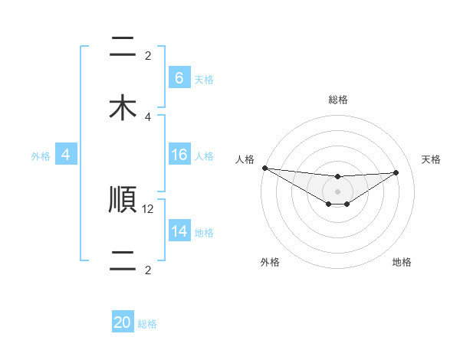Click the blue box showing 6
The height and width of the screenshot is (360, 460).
click(x=179, y=78)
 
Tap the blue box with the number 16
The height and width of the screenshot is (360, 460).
click(x=179, y=155)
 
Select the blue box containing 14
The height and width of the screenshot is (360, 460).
click(x=179, y=231)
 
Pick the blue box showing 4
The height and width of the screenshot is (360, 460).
click(x=66, y=155)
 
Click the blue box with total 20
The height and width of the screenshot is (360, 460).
click(x=123, y=322)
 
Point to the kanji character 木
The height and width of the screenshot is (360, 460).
click(x=122, y=107)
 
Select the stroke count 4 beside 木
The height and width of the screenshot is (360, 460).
click(x=148, y=116)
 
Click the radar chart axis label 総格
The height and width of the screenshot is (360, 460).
click(x=338, y=100)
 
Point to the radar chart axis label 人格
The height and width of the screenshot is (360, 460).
click(x=245, y=159)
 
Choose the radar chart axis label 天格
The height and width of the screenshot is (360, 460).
click(x=431, y=159)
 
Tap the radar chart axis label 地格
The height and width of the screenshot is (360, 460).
click(x=402, y=262)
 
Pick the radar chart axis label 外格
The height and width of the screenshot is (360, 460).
click(x=270, y=262)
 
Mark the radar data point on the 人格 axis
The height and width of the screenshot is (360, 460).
click(x=264, y=168)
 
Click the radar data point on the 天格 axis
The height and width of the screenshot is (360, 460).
click(x=396, y=172)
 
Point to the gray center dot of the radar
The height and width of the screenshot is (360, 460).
click(x=337, y=191)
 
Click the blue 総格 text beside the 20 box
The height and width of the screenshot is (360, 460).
click(x=147, y=324)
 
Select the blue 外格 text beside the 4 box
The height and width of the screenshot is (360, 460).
click(x=41, y=155)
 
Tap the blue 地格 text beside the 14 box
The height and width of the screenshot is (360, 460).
click(x=204, y=232)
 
